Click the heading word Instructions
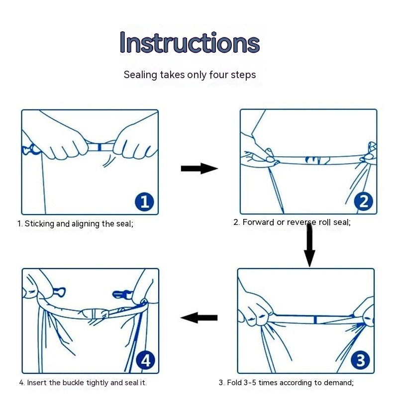tap(190, 42)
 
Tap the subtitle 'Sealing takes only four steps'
tap(190, 75)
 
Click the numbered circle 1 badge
tap(145, 202)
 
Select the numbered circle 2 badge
tap(364, 202)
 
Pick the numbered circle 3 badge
tap(361, 360)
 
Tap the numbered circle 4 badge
tap(146, 361)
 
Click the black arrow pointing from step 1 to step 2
tap(199, 169)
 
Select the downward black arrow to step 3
tap(309, 246)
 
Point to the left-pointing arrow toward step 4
tap(199, 317)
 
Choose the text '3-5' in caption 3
tap(250, 383)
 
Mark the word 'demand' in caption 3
tap(338, 383)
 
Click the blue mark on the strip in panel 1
tap(99, 147)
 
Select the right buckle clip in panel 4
tap(122, 294)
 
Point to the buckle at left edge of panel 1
tap(30, 149)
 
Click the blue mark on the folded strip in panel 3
tap(315, 319)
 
